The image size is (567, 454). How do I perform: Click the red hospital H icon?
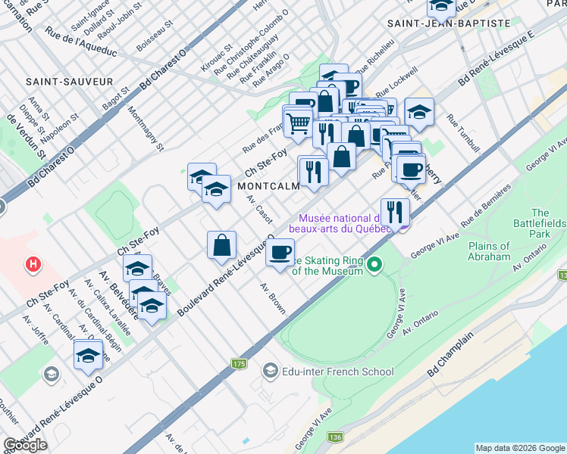click(33, 264)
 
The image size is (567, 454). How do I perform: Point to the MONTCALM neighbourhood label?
click(265, 185)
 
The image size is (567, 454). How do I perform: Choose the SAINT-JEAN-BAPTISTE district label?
click(449, 23)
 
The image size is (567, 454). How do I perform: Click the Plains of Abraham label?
click(489, 251)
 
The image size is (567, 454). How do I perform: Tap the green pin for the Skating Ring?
click(373, 264)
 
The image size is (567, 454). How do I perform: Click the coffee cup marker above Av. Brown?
click(280, 252)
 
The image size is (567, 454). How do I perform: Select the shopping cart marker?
click(299, 121)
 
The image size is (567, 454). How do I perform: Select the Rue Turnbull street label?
click(463, 134)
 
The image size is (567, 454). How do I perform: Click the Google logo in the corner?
click(25, 445)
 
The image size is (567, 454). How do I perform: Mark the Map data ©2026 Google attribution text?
click(519, 448)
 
